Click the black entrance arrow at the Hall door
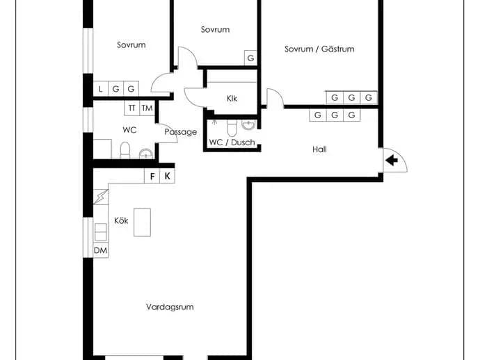click(x=392, y=160)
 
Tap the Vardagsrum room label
click(x=170, y=306)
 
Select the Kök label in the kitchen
click(x=121, y=220)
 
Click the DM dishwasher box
click(x=100, y=250)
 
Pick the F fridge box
click(x=152, y=176)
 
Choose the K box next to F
click(x=168, y=176)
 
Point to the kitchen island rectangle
click(x=142, y=222)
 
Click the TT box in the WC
click(x=132, y=108)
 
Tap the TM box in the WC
click(x=147, y=108)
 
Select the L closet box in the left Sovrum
click(x=100, y=89)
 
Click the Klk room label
click(x=232, y=99)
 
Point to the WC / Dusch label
click(x=232, y=142)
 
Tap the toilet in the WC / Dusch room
click(x=232, y=128)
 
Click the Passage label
click(x=181, y=132)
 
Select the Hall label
click(x=319, y=149)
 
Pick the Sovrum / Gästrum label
click(x=319, y=49)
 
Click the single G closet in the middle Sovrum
click(x=250, y=58)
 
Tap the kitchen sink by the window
click(x=100, y=232)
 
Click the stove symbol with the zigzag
click(x=100, y=197)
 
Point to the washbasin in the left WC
click(x=146, y=154)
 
